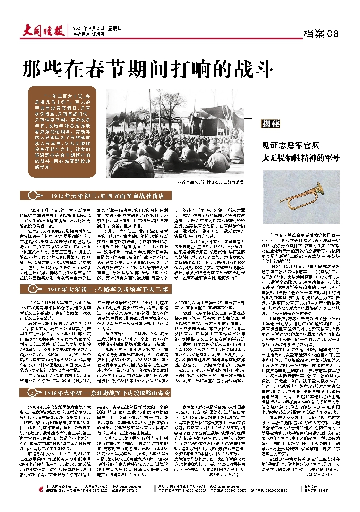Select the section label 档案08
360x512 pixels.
pyautogui.click(x=321, y=34)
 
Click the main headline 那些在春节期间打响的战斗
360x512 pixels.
pyautogui.click(x=146, y=69)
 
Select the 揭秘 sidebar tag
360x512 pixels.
pyautogui.click(x=271, y=124)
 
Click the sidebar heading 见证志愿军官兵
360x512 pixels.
pyautogui.click(x=291, y=145)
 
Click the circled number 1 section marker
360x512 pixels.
pyautogui.click(x=32, y=196)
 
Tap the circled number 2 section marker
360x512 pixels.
pyautogui.click(x=32, y=289)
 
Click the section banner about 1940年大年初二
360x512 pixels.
pyautogui.click(x=108, y=289)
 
